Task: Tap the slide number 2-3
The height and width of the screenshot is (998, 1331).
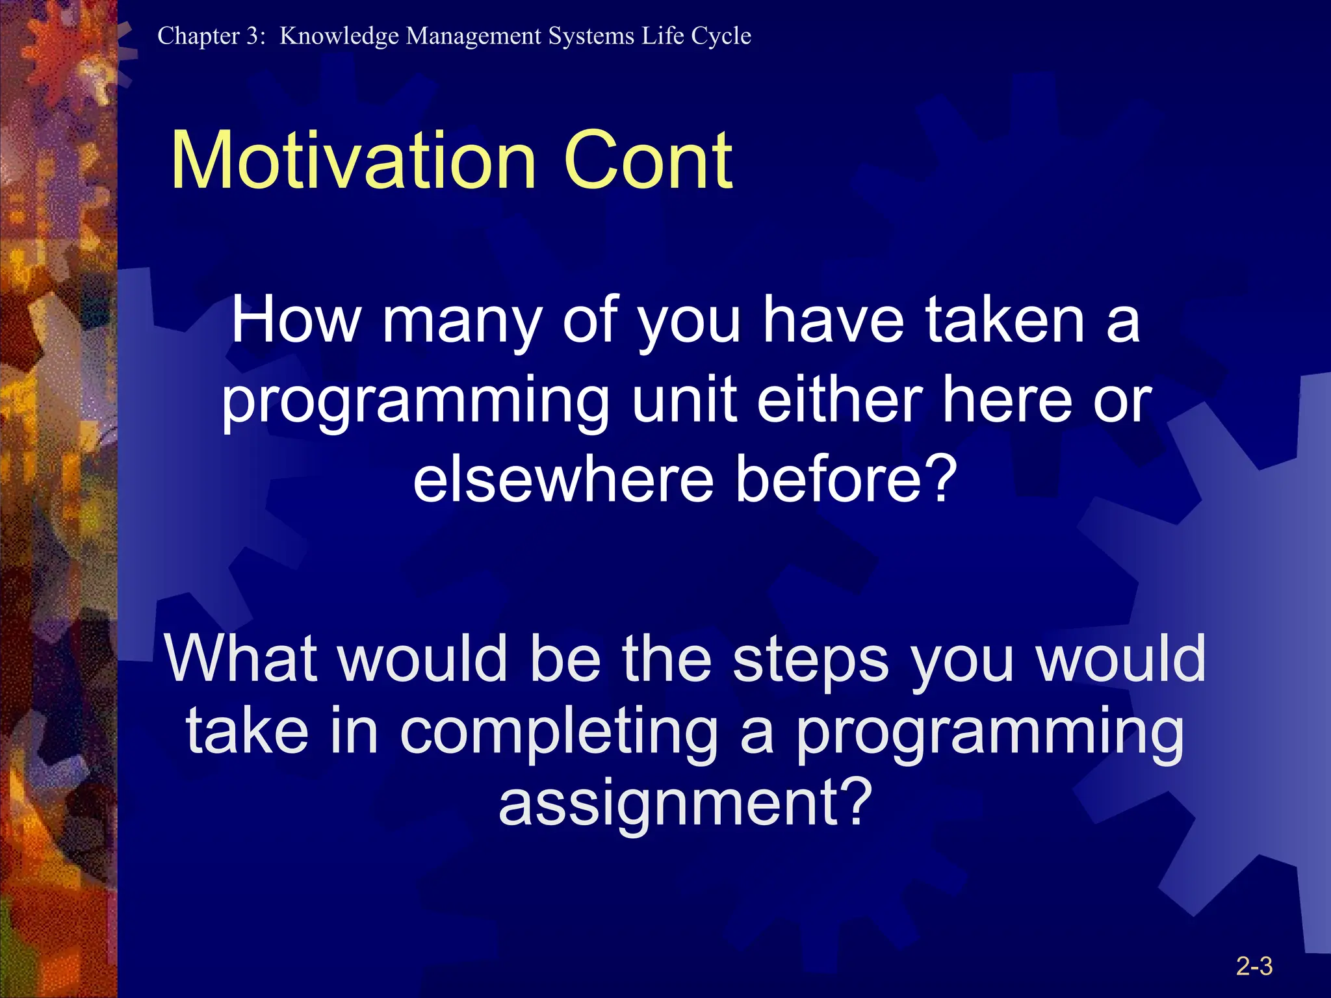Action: pos(1254,966)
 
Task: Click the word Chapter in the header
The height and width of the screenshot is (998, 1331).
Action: pos(198,36)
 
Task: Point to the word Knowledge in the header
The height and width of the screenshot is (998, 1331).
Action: pos(339,36)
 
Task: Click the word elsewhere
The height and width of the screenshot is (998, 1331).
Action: pos(563,480)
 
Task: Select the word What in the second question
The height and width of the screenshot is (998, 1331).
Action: pos(240,659)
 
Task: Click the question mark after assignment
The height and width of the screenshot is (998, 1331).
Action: pos(852,802)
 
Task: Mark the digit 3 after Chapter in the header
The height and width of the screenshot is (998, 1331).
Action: pos(252,36)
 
